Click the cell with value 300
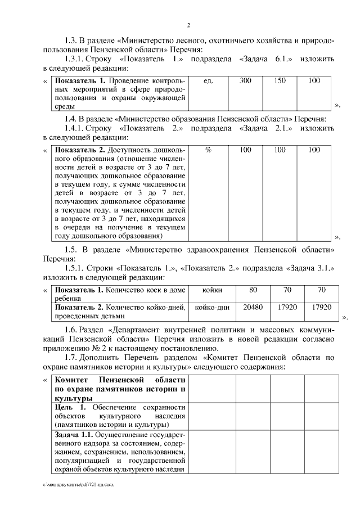[245, 81]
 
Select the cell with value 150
[280, 81]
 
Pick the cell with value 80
[253, 290]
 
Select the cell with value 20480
[253, 308]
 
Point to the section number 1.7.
[73, 358]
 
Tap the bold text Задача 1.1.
[74, 435]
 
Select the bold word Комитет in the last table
[75, 380]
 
